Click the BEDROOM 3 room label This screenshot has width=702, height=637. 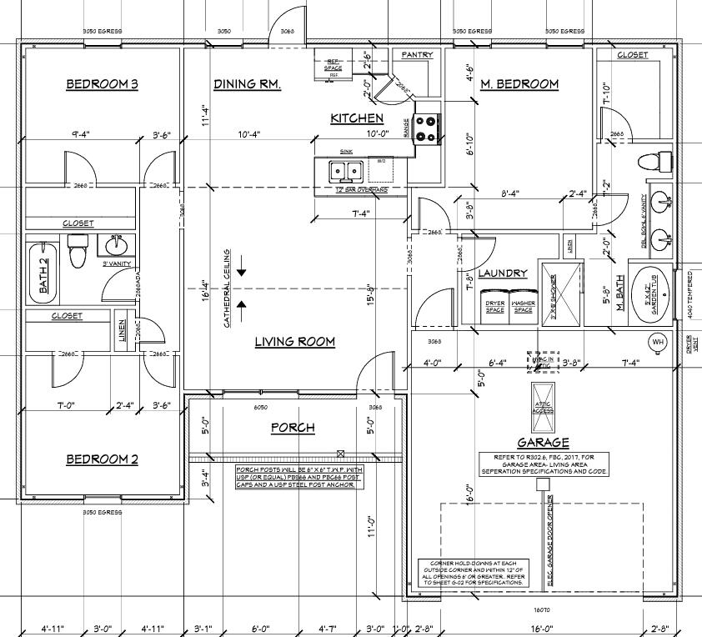click(x=102, y=84)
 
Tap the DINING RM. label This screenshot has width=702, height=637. click(x=247, y=84)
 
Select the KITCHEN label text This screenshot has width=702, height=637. click(x=357, y=118)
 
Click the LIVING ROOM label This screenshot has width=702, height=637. click(x=294, y=341)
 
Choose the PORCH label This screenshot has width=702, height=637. click(x=293, y=428)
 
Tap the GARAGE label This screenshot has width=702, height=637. click(x=543, y=443)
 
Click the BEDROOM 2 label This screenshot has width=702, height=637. click(x=102, y=459)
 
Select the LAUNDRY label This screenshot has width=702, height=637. click(x=503, y=273)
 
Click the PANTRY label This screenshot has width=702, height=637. click(x=417, y=55)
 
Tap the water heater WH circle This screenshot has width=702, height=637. click(x=658, y=342)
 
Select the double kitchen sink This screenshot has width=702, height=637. click(x=346, y=170)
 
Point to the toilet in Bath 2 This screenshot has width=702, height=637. click(x=78, y=250)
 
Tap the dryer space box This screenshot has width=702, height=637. click(x=494, y=304)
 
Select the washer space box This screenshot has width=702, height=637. click(x=523, y=304)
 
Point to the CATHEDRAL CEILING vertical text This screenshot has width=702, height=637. click(x=226, y=287)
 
